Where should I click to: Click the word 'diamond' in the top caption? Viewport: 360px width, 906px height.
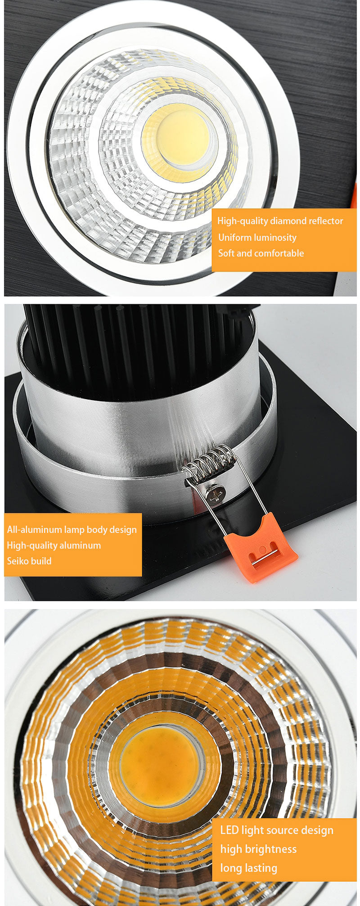point(288,221)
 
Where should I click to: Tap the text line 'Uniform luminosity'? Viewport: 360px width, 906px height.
point(257,238)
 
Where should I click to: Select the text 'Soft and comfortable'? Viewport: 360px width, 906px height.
point(261,253)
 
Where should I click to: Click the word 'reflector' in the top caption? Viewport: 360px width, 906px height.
point(326,221)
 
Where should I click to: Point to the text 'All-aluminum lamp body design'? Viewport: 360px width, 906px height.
point(72,529)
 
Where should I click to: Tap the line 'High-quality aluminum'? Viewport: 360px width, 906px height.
point(54,545)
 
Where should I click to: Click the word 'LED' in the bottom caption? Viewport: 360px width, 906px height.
point(229,830)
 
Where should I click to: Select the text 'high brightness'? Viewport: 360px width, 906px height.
point(258,849)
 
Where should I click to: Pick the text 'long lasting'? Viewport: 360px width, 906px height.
point(249,868)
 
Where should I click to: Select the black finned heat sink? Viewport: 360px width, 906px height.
point(135,342)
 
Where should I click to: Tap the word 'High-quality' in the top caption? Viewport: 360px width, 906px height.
point(243,221)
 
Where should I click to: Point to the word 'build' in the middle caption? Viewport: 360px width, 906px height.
point(41,561)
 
